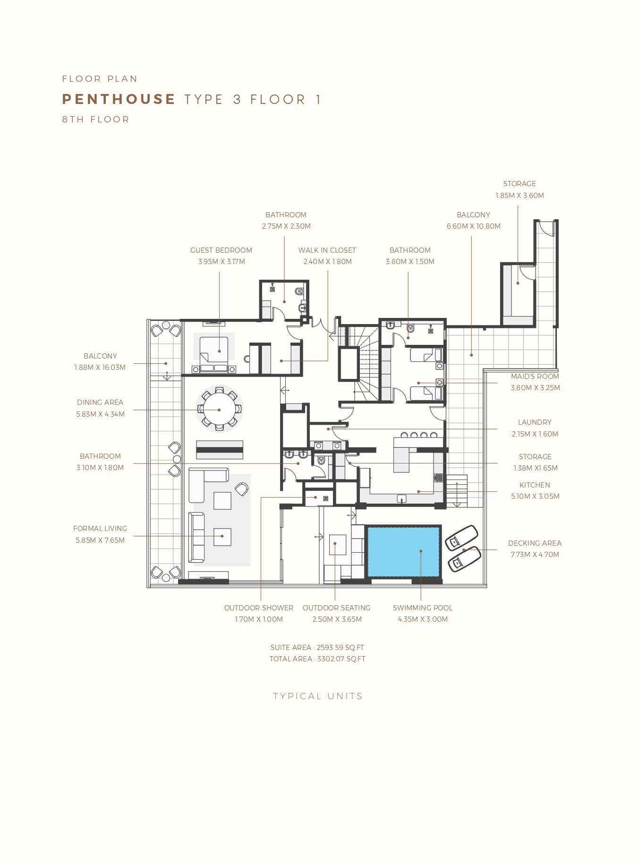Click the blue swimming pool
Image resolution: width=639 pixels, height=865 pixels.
coord(403,551)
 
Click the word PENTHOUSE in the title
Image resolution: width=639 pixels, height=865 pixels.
coord(119,99)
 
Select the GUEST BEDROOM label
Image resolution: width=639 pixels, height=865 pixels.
coord(221,250)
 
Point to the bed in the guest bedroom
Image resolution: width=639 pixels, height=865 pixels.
coord(214,354)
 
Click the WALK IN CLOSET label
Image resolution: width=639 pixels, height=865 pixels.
coord(327,250)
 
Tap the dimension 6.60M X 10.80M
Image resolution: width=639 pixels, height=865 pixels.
coord(474,226)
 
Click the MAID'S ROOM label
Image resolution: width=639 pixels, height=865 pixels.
coord(535,377)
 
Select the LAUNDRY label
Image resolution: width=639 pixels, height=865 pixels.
coord(535,422)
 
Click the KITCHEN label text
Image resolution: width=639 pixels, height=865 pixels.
coord(535,485)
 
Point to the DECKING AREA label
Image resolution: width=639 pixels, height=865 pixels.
coord(535,543)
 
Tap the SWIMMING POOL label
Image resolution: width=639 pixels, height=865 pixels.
coord(423,608)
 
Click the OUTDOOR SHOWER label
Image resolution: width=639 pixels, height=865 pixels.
coord(259,608)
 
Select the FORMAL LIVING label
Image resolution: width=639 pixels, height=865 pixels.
coord(100,529)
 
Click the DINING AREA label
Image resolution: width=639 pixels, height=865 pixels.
coord(100,403)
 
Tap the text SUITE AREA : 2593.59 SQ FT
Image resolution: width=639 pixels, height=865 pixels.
coord(317,648)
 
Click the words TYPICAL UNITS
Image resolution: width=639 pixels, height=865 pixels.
coord(318,696)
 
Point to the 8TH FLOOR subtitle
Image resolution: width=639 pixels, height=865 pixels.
coord(95,120)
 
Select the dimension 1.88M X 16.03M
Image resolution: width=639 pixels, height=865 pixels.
coord(100,368)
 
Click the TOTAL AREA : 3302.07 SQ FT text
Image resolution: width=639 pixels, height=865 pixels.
coord(317,659)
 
